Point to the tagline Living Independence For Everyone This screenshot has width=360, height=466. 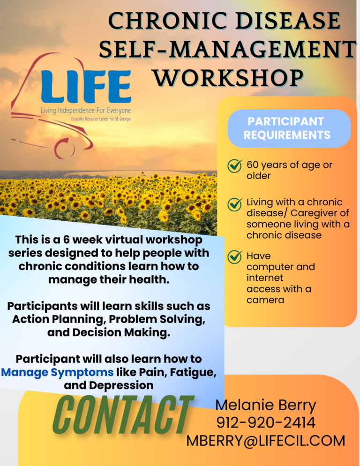pyautogui.click(x=86, y=111)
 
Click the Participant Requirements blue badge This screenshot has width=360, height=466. pyautogui.click(x=289, y=128)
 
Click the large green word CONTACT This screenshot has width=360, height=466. pyautogui.click(x=123, y=415)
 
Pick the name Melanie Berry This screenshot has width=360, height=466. pyautogui.click(x=265, y=406)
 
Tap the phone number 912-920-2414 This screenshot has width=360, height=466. pyautogui.click(x=265, y=423)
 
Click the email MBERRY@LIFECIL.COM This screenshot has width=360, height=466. pyautogui.click(x=265, y=441)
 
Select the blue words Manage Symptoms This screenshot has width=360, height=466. pyautogui.click(x=57, y=373)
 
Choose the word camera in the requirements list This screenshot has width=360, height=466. pyautogui.click(x=265, y=300)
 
